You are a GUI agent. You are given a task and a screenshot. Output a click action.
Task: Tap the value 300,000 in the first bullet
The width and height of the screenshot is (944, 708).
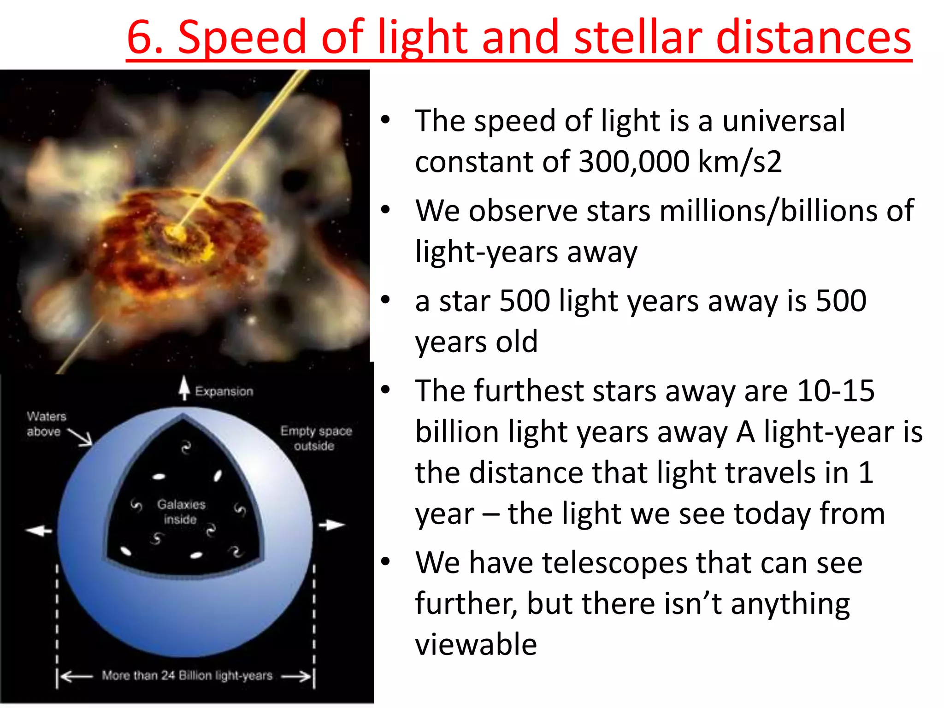coord(634,162)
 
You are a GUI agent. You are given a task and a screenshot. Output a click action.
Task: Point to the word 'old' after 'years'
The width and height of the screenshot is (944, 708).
coord(517,342)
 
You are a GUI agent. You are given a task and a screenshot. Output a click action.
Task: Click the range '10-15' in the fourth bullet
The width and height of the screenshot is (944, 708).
coord(835,391)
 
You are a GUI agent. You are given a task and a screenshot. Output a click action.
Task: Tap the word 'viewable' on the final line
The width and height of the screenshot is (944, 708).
coord(476,644)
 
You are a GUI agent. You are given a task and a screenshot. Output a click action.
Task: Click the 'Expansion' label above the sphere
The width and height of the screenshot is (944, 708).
coord(224,392)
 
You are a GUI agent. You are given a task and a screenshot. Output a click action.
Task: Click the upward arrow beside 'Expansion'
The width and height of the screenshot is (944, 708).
coord(184,388)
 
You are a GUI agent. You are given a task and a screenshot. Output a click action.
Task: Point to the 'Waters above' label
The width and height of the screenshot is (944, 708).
coord(46,424)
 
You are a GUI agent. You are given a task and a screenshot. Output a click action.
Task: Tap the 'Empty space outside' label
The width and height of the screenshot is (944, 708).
coord(316,438)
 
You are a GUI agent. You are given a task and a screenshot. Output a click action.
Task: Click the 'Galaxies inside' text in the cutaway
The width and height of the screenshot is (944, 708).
coord(181,512)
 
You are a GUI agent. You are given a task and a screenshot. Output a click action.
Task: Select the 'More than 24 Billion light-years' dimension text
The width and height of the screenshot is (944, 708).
coord(187,676)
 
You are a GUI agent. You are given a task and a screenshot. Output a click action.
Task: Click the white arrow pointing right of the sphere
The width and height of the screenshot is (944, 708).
coord(331,525)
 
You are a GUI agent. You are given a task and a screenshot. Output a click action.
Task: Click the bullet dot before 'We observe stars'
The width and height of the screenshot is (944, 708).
coord(386,210)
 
